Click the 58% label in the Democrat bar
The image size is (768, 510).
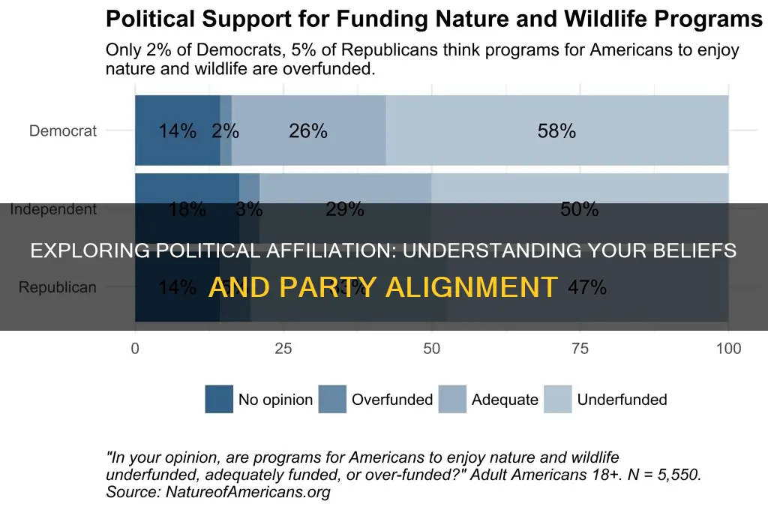pos(556,131)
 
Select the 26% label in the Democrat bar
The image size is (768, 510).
pos(308,131)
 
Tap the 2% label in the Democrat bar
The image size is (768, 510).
pos(225,131)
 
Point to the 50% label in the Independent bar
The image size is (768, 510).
pos(579,210)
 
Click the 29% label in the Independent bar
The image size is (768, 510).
pos(345,210)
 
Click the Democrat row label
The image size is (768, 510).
pos(63,131)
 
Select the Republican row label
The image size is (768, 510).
pos(58,287)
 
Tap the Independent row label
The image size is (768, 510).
pos(53,209)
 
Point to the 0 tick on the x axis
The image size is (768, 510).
pos(135,348)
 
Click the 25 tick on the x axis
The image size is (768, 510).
pos(283,348)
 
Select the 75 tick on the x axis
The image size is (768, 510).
pos(579,348)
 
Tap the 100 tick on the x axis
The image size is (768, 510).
pos(727,348)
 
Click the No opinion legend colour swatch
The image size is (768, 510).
pos(219,399)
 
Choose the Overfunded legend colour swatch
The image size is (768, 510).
pos(332,399)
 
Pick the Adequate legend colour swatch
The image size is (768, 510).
pos(452,399)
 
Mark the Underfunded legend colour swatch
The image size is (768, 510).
pos(557,399)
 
